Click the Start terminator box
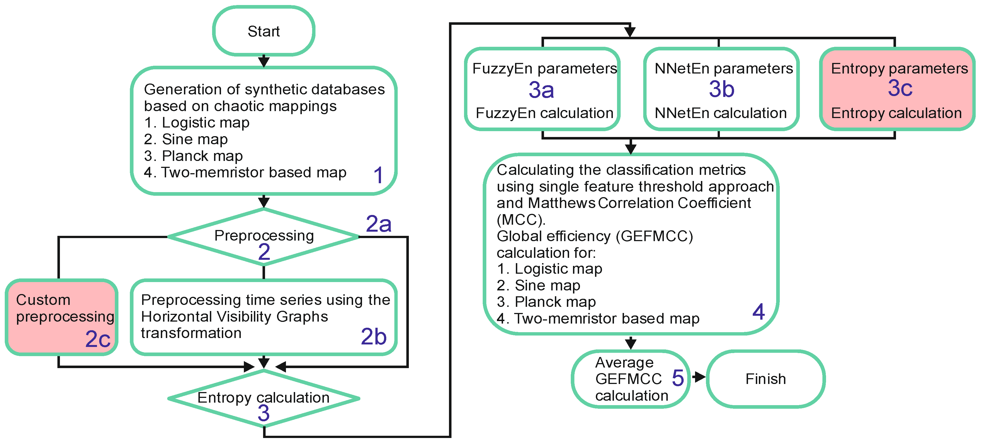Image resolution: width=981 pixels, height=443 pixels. coord(264,31)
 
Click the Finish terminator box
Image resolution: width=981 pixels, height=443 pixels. coord(766,379)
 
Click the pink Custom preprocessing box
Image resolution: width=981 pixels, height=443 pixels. coord(61,317)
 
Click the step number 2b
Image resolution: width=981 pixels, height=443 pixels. coord(373,336)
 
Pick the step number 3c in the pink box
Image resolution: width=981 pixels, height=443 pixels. coord(900,88)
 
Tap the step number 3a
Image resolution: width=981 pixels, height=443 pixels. coord(541,90)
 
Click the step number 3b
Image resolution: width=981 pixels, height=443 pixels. coord(721,89)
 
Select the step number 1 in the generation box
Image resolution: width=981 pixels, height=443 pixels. coord(378,175)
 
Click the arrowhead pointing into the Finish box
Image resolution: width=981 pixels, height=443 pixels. coord(700,377)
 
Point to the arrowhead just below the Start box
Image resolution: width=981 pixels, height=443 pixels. coord(264,62)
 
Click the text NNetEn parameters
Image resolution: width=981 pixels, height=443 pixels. coord(723,68)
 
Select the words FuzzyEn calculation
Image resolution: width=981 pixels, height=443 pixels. coord(544,113)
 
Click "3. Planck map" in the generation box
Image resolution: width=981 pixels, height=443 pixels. coord(193,156)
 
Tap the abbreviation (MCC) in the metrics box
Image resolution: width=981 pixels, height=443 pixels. coord(521,220)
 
